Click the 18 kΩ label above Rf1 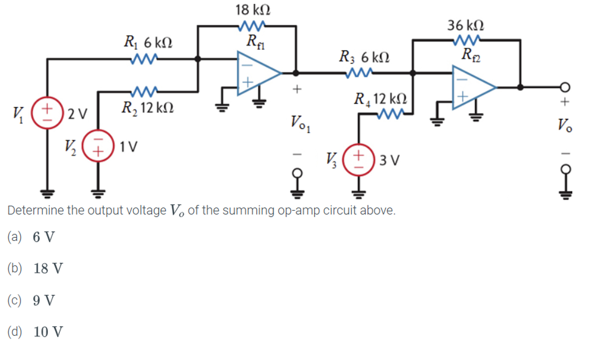pyautogui.click(x=254, y=10)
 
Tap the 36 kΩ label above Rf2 pyautogui.click(x=466, y=24)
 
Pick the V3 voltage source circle pyautogui.click(x=358, y=161)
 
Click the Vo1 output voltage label pyautogui.click(x=300, y=122)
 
